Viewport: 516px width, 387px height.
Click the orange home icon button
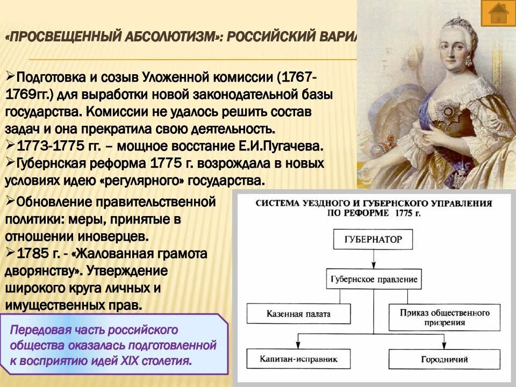coord(498,13)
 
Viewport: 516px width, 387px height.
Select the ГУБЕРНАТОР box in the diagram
coord(373,239)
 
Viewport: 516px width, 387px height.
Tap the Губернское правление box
coord(373,279)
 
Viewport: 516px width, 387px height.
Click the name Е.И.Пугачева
coord(279,146)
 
